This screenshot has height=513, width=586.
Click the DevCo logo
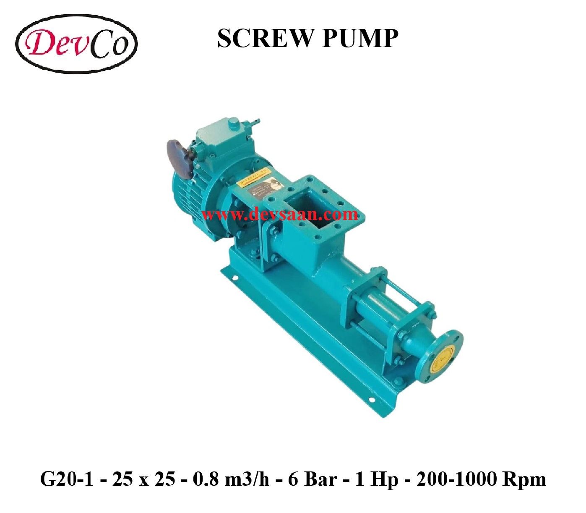tap(77, 43)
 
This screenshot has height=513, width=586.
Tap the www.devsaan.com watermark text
tap(280, 215)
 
